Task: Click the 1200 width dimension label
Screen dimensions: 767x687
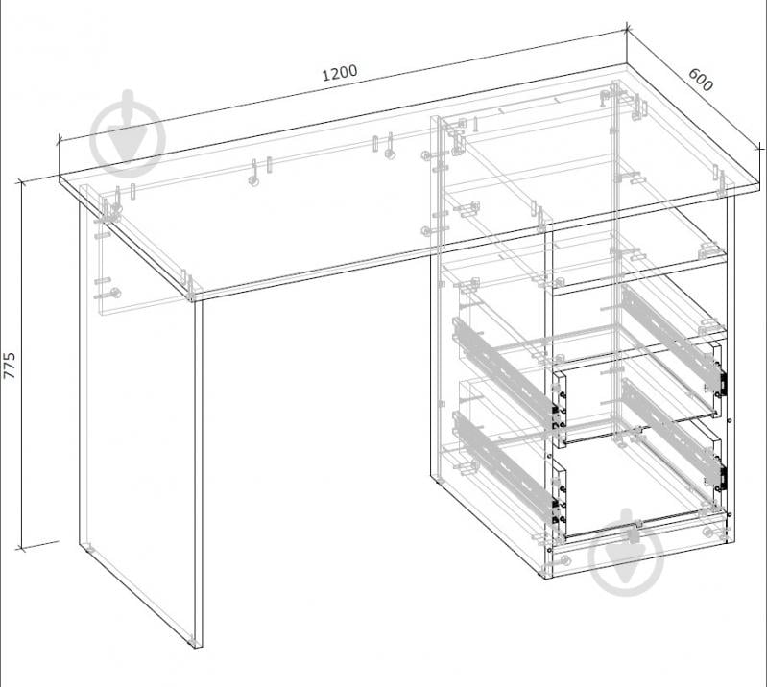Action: (340, 73)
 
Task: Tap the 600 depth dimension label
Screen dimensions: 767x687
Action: (701, 80)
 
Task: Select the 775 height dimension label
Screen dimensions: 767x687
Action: (10, 366)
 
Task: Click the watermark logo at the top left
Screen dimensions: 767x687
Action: (129, 133)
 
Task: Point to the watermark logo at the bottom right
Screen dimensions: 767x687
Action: (627, 553)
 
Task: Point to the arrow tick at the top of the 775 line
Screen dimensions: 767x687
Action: (20, 183)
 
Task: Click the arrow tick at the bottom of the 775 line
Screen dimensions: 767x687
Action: (20, 549)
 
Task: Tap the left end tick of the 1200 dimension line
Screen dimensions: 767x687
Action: (60, 140)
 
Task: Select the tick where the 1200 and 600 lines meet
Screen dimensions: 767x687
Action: (627, 30)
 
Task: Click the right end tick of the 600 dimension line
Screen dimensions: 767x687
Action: (759, 147)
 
